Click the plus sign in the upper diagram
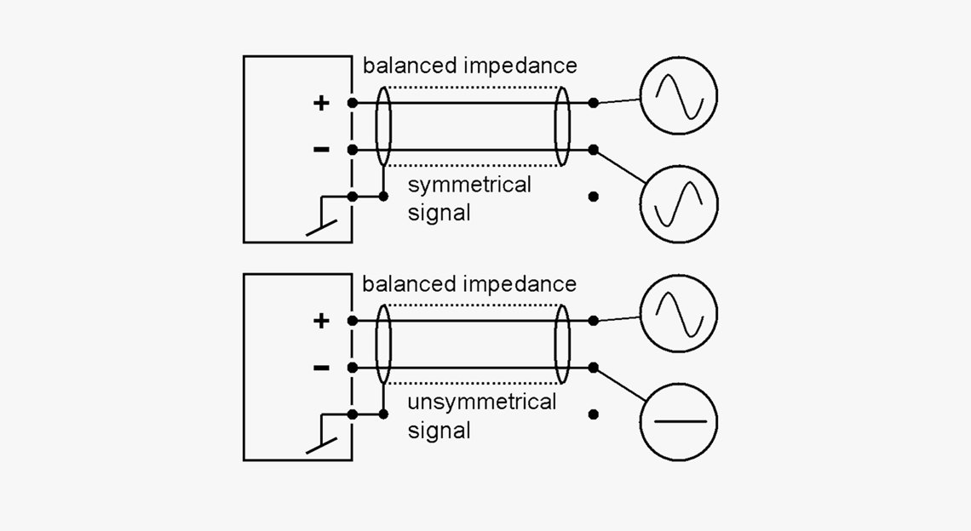321,104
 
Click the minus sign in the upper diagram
321,150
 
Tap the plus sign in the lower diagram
321,321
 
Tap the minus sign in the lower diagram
321,368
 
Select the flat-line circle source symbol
679,421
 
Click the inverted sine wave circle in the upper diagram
679,203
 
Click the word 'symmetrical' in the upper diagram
469,185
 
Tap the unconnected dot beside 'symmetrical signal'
594,197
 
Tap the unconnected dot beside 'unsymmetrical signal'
594,414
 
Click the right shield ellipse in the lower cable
561,344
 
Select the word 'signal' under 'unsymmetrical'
439,430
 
